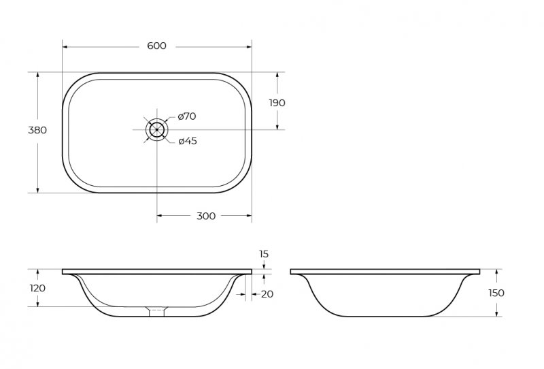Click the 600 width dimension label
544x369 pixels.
click(x=157, y=46)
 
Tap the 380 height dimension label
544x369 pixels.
click(x=37, y=130)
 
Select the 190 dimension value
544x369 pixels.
click(x=277, y=103)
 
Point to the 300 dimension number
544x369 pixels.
click(x=206, y=216)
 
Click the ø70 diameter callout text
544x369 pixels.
click(x=187, y=116)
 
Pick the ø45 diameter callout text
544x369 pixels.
click(x=188, y=141)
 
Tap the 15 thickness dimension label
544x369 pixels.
click(x=264, y=254)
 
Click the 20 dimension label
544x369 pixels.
click(x=267, y=294)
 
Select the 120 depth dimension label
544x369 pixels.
click(x=37, y=288)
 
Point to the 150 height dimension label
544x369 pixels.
click(x=496, y=293)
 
